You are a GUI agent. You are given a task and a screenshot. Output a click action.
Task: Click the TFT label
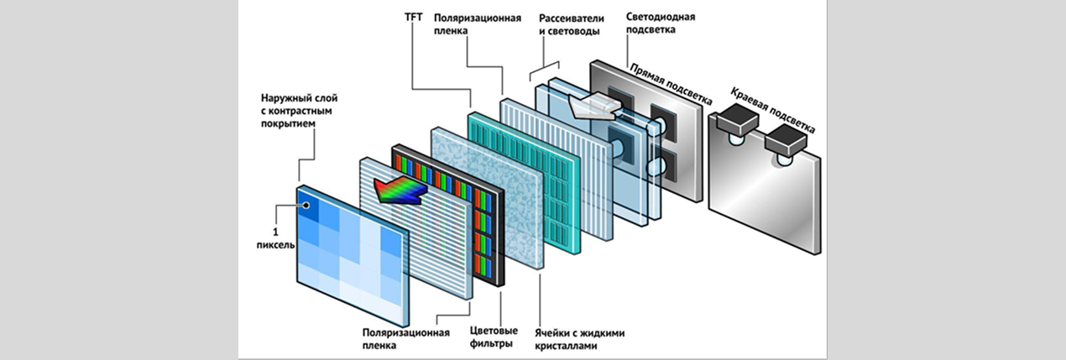tap(413, 17)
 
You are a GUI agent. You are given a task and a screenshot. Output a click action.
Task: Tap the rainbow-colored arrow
tap(400, 190)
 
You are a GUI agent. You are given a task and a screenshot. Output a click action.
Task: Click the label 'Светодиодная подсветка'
tap(660, 23)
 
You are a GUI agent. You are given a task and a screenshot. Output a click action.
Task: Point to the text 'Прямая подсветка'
tap(671, 84)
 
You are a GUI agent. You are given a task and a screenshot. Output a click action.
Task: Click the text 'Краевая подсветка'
tap(772, 110)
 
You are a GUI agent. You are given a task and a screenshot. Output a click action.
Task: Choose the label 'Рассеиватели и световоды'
tap(571, 24)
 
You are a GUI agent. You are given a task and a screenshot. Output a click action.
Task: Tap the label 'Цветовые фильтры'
tap(494, 337)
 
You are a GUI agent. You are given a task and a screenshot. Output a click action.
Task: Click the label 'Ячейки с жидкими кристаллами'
tap(580, 339)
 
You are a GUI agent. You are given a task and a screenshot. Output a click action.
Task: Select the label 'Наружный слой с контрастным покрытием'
tap(299, 111)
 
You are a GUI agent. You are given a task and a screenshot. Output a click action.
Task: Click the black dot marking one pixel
tap(306, 206)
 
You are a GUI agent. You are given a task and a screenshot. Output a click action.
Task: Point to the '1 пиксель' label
tap(275, 238)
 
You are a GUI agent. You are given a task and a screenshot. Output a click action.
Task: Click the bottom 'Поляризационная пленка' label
tap(405, 338)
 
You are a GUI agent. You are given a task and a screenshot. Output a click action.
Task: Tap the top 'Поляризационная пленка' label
tap(478, 24)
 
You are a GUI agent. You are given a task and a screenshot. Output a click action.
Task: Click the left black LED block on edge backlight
tap(737, 119)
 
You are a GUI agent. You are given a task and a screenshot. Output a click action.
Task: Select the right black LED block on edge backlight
tap(786, 139)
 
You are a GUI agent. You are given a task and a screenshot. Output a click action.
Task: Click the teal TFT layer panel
tap(524, 183)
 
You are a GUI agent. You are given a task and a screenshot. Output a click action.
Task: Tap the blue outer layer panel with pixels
tap(353, 256)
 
